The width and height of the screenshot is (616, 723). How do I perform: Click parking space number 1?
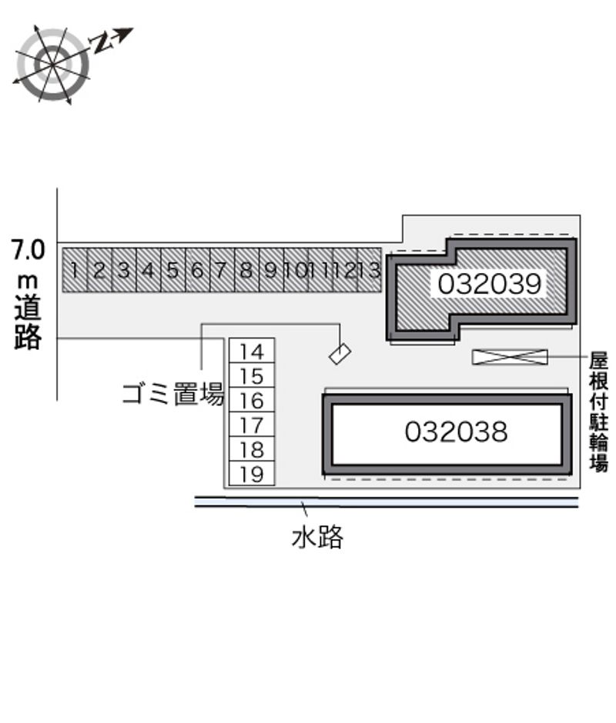tap(75, 270)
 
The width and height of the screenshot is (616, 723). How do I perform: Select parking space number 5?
tap(172, 270)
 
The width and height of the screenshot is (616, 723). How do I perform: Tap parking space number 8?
tap(246, 270)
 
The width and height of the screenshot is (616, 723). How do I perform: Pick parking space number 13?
tap(369, 270)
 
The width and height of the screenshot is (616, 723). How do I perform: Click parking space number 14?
tap(252, 351)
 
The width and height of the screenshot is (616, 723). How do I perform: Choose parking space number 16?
tap(252, 400)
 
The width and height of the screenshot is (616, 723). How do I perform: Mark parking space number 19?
tap(252, 474)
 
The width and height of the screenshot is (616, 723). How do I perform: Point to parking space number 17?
tap(252, 425)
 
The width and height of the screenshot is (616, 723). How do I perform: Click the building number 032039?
tap(489, 284)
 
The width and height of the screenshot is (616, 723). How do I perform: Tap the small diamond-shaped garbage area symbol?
tap(340, 354)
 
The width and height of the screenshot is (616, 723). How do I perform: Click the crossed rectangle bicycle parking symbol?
tap(510, 357)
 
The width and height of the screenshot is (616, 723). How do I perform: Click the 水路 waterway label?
tap(317, 537)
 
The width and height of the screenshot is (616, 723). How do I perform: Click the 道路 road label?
tap(28, 321)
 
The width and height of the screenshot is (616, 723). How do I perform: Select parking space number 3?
tap(124, 270)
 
